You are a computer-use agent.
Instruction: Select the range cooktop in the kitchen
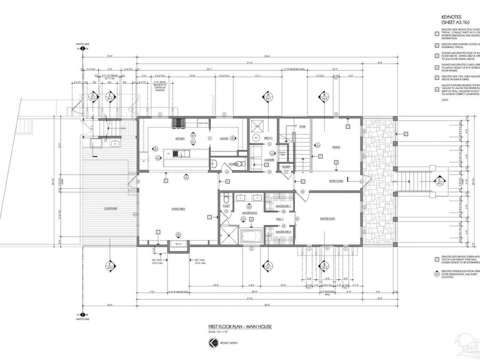178,123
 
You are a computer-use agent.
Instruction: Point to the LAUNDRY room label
268,159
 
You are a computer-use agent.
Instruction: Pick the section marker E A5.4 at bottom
109,266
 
